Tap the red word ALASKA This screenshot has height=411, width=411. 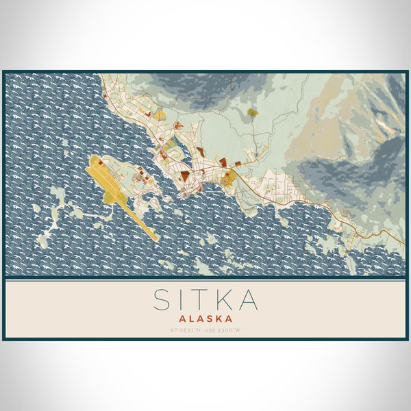206,319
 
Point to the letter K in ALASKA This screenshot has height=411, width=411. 217,319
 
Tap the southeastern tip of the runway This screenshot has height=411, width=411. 156,238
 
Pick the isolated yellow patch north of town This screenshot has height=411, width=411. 252,112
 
